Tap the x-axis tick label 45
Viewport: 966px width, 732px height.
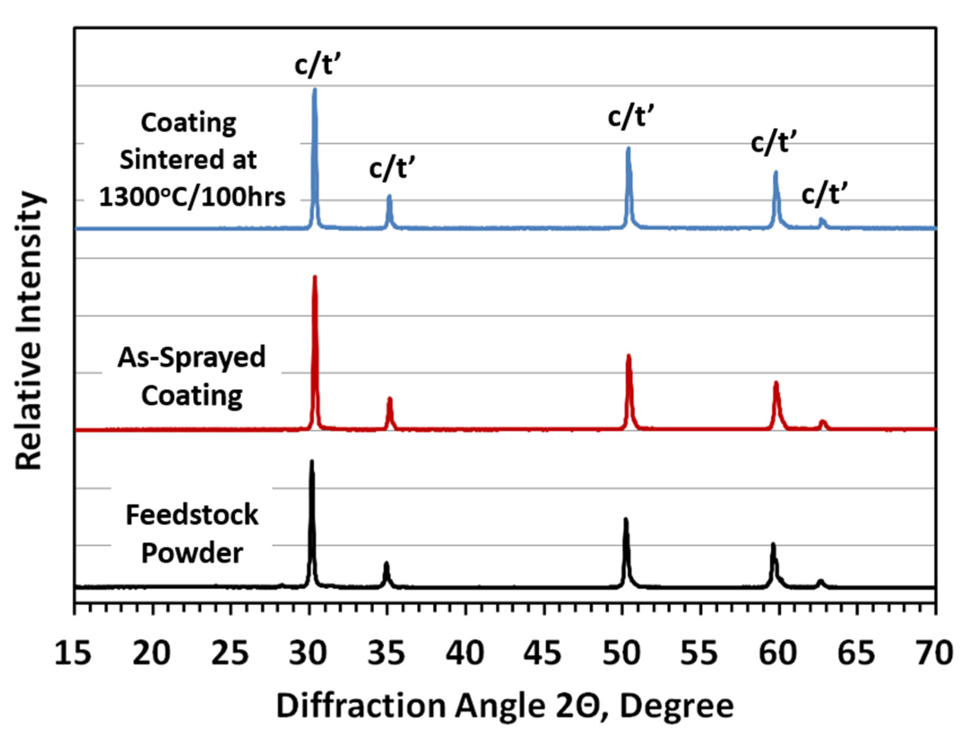tap(544, 654)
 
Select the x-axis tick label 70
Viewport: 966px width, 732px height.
tap(934, 654)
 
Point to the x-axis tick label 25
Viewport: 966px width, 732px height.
tap(230, 654)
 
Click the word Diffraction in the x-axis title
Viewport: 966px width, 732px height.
tap(360, 706)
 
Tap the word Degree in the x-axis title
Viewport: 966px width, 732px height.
tap(677, 706)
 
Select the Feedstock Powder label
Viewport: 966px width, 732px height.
tap(192, 534)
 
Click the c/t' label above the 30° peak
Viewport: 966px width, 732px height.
tap(317, 65)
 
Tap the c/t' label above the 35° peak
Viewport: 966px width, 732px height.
tap(392, 168)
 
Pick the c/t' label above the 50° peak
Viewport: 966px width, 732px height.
tap(631, 117)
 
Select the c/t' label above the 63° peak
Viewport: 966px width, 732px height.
tap(824, 194)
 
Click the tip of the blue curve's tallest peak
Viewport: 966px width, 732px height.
tap(314, 90)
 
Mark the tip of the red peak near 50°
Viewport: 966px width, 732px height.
tap(628, 356)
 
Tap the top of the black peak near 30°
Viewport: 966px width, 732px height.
tap(311, 461)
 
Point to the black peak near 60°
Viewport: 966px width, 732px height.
tap(773, 545)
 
